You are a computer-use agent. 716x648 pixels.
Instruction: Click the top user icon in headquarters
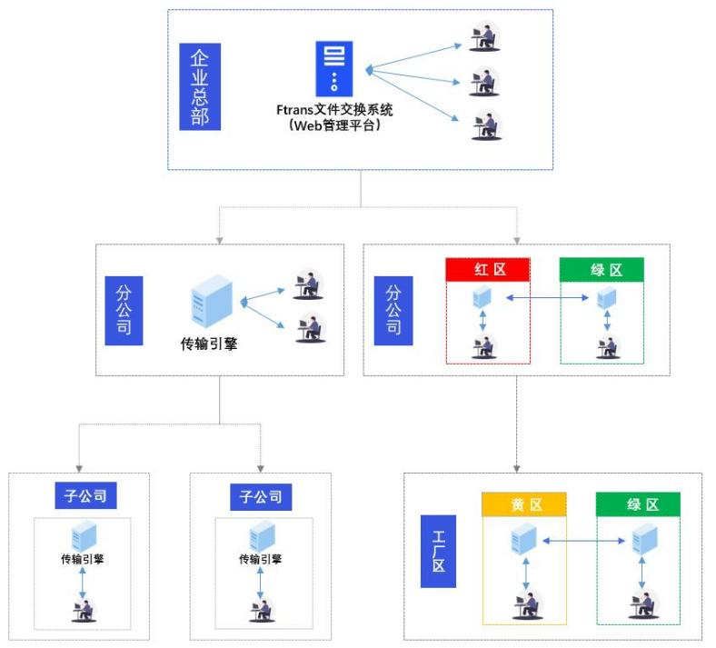[485, 38]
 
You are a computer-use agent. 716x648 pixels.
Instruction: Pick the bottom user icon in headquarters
[485, 125]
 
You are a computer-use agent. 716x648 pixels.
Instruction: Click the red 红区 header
[488, 269]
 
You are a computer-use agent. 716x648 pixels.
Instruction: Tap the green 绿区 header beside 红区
[601, 269]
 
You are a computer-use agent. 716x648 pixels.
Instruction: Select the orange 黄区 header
[524, 504]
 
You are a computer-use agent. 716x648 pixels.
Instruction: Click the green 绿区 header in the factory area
[638, 504]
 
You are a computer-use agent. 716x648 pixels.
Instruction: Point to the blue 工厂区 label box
[438, 550]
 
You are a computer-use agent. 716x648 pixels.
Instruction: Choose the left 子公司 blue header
[85, 496]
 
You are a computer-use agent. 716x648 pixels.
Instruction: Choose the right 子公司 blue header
[262, 496]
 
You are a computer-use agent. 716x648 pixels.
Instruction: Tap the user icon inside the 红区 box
[483, 347]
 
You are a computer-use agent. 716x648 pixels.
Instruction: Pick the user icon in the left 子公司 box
[84, 610]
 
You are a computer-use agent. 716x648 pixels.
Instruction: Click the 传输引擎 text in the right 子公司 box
[261, 559]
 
